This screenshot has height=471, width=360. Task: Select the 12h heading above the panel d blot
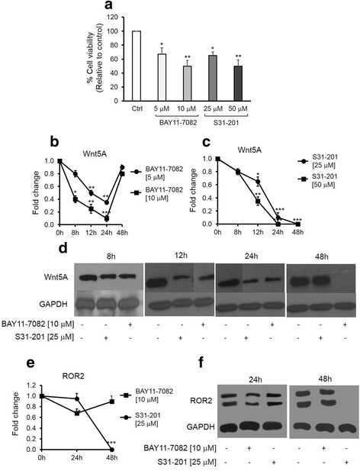(180, 252)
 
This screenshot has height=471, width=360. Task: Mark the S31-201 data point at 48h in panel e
(111, 449)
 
